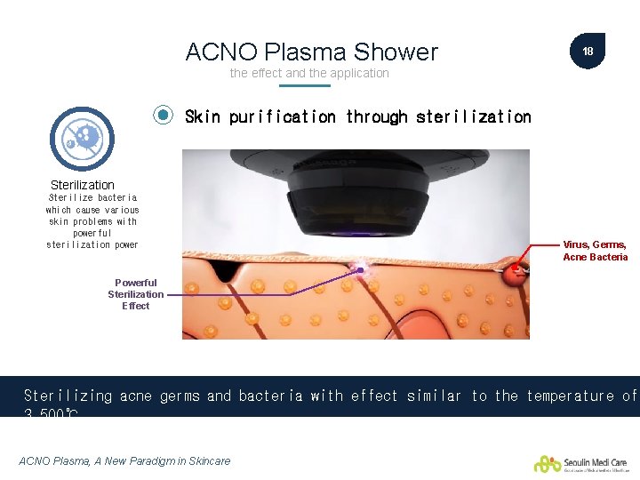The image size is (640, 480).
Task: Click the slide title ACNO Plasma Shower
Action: tap(311, 52)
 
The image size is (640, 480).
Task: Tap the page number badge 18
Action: tap(588, 52)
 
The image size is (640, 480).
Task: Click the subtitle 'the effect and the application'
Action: tap(309, 73)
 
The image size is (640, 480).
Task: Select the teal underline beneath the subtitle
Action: tap(304, 86)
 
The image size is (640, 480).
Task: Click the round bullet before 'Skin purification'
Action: tap(164, 116)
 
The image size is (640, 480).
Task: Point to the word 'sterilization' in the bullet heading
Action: tap(473, 116)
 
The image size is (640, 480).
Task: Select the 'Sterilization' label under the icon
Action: tap(83, 185)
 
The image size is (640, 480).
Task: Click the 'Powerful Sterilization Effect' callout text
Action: tap(135, 294)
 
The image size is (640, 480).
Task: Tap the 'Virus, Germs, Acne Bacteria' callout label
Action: tap(595, 251)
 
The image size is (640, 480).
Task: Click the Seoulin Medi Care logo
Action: tap(581, 463)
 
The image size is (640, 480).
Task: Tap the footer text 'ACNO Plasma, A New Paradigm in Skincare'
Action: tap(124, 460)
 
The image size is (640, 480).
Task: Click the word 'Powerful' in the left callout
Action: tap(135, 283)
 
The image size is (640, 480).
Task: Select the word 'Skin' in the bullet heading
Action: tap(202, 116)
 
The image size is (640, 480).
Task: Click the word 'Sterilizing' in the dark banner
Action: tap(68, 396)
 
